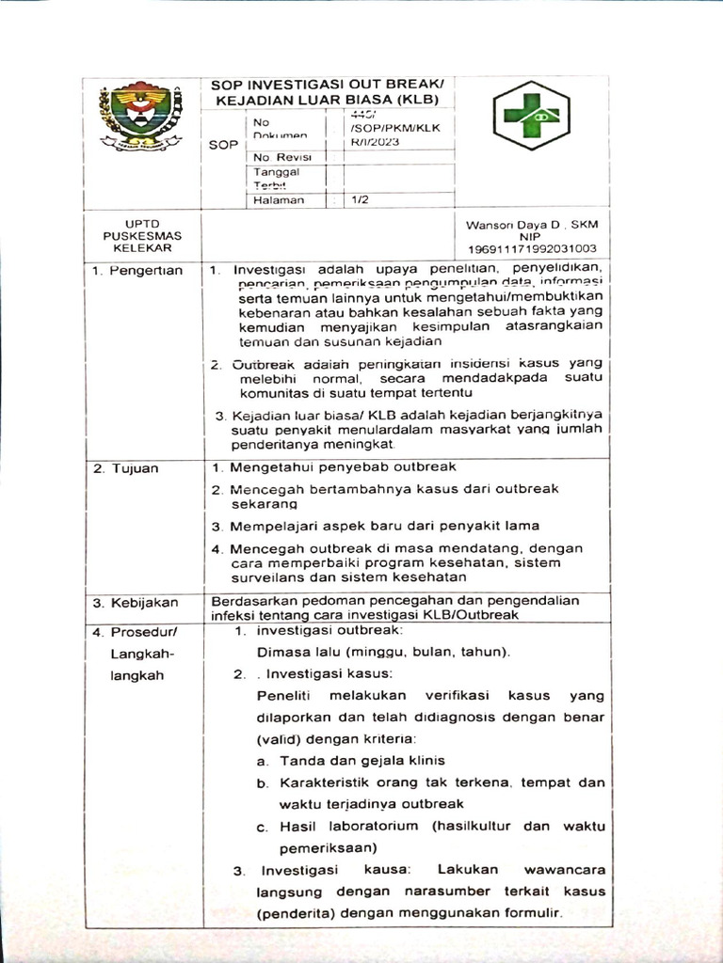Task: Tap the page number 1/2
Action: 361,199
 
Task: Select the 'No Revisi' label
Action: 278,157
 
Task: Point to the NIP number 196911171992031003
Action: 532,249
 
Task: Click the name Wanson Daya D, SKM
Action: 532,225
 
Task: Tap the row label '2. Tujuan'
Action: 126,467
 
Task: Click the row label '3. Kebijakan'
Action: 136,602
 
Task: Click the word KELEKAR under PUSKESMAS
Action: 142,247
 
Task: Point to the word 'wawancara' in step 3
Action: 563,869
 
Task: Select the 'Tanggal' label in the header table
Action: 275,172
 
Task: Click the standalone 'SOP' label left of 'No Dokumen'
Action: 223,145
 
